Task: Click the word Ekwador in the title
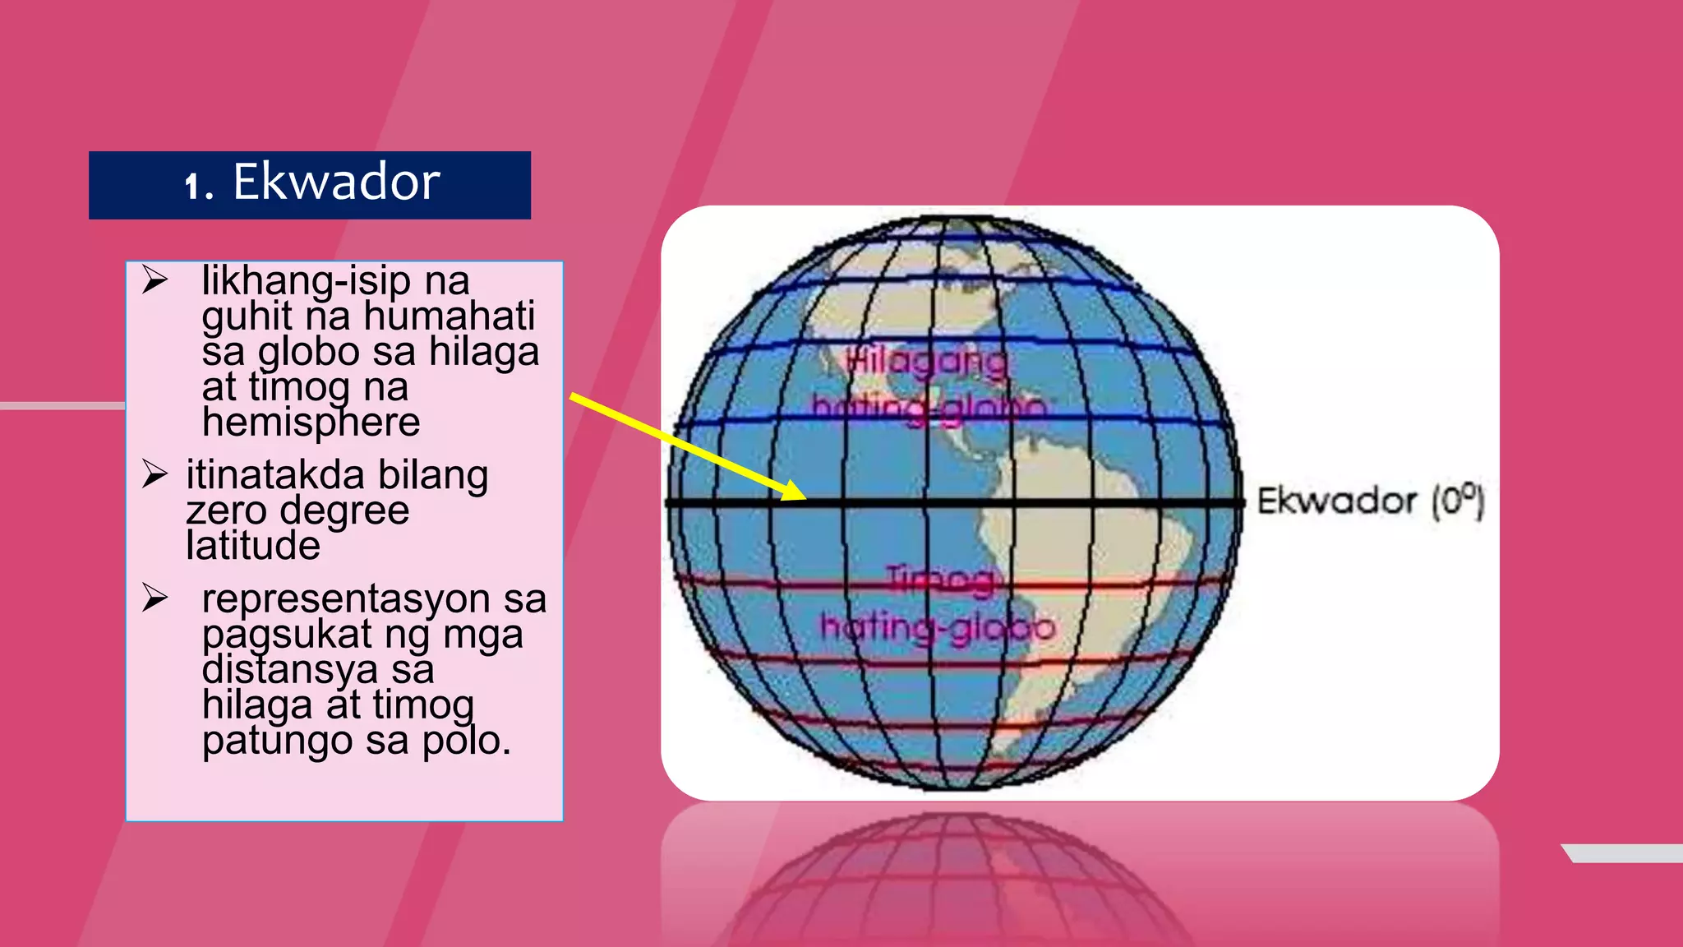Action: click(x=336, y=182)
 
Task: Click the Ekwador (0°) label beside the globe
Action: click(x=1370, y=501)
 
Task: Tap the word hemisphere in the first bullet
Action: click(x=311, y=423)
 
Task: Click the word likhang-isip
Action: click(x=306, y=280)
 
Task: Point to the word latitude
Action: click(x=253, y=546)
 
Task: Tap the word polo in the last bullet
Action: click(x=466, y=741)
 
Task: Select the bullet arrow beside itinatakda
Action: click(x=154, y=474)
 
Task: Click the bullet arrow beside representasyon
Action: click(x=154, y=598)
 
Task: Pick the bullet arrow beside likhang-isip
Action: click(x=154, y=279)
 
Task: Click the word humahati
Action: click(x=449, y=316)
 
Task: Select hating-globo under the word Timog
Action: click(x=938, y=628)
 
